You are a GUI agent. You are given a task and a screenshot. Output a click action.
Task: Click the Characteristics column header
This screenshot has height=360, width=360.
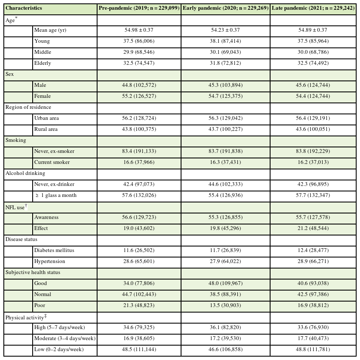coord(24,8)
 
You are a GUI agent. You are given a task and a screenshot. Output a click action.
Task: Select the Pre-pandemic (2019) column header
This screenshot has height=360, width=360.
coord(139,8)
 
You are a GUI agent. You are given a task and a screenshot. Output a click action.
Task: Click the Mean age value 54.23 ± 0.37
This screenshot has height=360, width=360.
coord(226,30)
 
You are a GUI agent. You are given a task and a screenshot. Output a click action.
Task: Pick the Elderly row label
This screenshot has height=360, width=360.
coord(42,63)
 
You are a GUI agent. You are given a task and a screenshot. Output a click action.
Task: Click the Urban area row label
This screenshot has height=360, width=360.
coord(47,118)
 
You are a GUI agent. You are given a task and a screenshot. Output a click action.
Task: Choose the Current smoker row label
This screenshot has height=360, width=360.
coord(52,162)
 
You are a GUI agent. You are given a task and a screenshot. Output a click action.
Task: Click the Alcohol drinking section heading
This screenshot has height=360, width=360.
coord(25,173)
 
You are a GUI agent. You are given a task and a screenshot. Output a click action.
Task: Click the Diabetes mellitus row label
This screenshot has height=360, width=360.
coord(54,250)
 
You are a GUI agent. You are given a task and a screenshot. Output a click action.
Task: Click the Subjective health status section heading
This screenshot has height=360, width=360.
coord(33,272)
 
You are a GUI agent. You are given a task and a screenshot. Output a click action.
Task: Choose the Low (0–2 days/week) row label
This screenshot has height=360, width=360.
coord(59,349)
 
